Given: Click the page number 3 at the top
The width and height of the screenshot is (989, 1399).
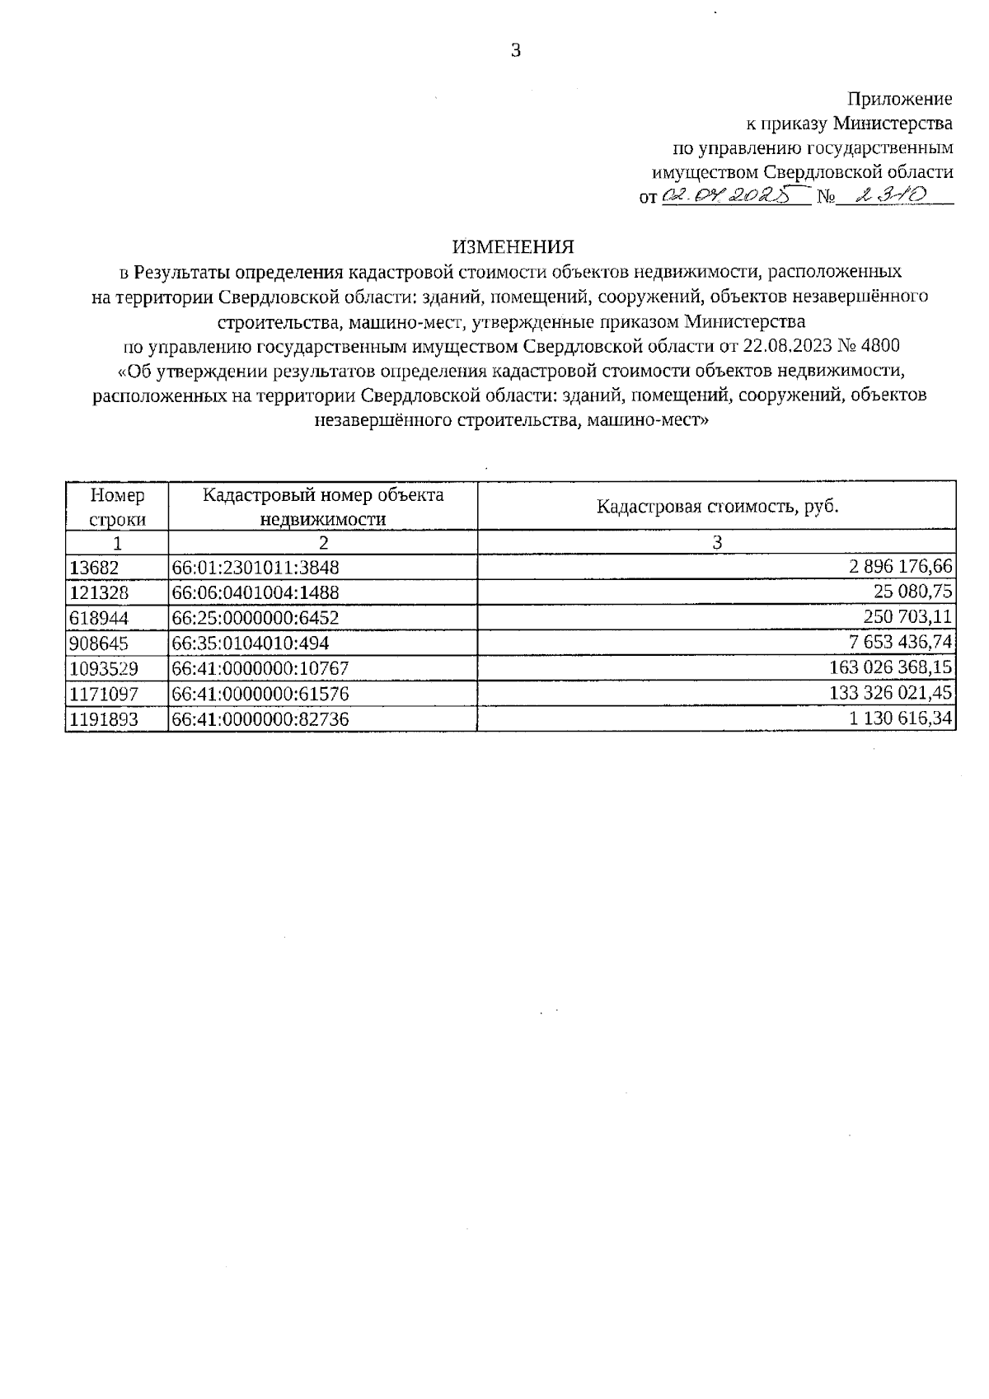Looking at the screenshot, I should point(516,51).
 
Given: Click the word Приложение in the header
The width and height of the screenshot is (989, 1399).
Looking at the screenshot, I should point(900,99).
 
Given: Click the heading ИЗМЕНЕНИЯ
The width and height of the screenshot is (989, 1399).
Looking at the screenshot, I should point(512,246).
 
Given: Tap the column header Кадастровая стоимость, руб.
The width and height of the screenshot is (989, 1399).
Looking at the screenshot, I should point(716,506).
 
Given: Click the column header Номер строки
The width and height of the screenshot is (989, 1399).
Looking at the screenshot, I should point(117,507).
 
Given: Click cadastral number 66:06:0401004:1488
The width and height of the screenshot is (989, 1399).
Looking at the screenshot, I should point(255,592).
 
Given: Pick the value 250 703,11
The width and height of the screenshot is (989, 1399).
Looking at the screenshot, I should point(905,616).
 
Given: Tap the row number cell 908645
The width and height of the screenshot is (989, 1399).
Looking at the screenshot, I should point(99,643).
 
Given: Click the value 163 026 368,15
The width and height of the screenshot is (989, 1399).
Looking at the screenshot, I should point(891,667).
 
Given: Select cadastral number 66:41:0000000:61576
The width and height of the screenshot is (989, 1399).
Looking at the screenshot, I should point(260,694).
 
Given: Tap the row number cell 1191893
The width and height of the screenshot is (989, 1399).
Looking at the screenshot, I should point(104,719).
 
